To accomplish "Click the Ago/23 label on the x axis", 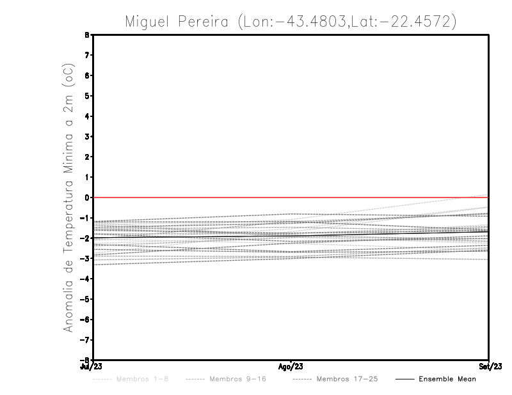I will pos(291,367).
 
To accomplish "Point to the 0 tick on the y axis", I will pos(87,197).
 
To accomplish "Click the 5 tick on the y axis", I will pos(87,96).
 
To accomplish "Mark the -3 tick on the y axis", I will pos(85,258).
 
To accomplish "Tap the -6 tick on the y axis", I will pos(85,319).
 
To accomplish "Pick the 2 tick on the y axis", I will pos(87,157).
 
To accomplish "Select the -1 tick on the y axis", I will pos(85,218).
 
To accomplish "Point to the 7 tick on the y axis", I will pos(87,56).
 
